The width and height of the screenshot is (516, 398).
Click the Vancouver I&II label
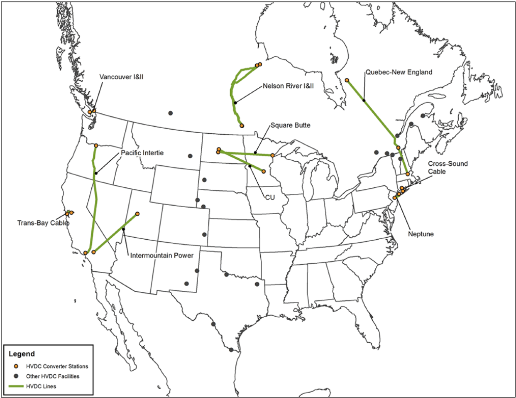click(x=122, y=77)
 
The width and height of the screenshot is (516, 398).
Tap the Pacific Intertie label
click(x=142, y=153)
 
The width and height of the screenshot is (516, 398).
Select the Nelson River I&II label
click(x=288, y=86)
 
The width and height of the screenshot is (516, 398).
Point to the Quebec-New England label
click(x=399, y=73)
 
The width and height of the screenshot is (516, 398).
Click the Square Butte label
click(x=290, y=125)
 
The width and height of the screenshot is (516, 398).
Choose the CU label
click(x=270, y=197)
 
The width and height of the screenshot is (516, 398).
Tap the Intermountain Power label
click(x=162, y=255)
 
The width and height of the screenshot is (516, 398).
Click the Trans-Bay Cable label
click(x=43, y=223)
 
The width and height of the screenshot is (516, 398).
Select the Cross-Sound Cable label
click(x=448, y=168)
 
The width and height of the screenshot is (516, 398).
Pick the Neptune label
click(x=421, y=234)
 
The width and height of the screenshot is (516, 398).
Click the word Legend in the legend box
click(x=22, y=354)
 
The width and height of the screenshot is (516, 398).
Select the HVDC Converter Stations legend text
click(x=57, y=366)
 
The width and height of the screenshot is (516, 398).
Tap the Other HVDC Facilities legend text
click(x=53, y=376)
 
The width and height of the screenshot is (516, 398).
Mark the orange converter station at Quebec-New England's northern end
click(x=347, y=80)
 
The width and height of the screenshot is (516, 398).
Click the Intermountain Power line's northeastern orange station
click(x=138, y=214)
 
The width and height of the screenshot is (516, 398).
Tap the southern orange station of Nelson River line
click(x=242, y=126)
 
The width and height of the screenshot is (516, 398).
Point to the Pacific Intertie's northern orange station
click(x=96, y=146)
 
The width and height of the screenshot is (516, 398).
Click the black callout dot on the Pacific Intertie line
click(x=96, y=173)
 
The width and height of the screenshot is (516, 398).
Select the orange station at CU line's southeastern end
click(x=264, y=172)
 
